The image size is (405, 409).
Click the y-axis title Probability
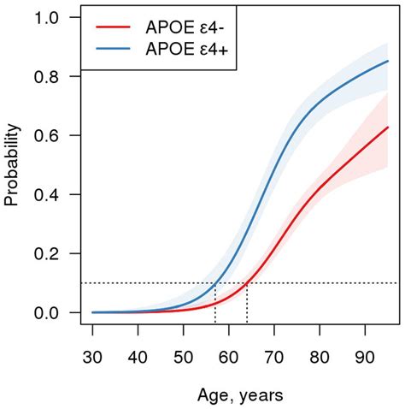12,165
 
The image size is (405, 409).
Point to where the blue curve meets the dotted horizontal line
215,283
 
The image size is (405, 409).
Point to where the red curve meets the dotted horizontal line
247,283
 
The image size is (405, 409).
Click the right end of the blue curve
388,61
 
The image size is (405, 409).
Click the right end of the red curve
388,127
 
